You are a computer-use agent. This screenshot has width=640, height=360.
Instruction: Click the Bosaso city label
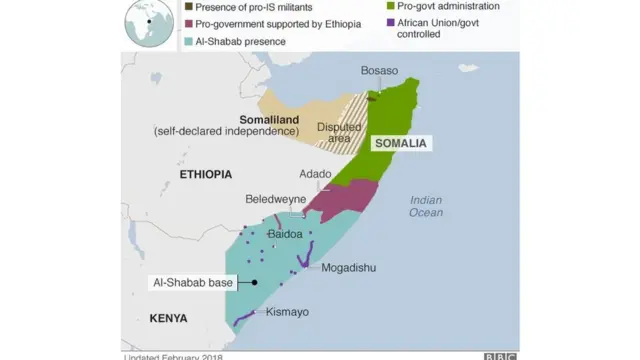379,71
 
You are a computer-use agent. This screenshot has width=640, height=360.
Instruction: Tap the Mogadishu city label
348,268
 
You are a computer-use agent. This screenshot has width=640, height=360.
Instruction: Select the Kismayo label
287,312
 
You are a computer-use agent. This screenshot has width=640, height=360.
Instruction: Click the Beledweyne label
276,200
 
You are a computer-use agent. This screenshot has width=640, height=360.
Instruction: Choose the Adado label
315,174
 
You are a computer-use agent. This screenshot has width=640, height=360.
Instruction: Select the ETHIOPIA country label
205,175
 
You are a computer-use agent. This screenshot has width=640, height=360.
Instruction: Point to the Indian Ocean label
426,206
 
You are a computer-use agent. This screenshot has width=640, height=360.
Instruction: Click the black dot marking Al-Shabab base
254,283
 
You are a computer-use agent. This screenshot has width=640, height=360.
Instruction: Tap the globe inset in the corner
146,23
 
